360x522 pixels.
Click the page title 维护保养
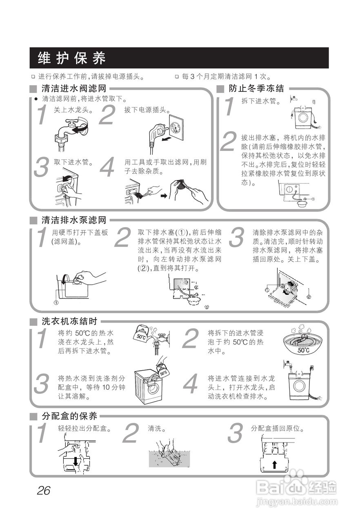click(x=71, y=58)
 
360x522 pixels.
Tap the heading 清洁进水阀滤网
click(x=74, y=88)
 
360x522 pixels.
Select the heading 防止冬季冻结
click(x=256, y=88)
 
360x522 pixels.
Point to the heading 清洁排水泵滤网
click(x=74, y=221)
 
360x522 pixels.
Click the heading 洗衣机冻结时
click(x=69, y=321)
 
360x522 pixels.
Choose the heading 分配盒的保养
click(x=69, y=416)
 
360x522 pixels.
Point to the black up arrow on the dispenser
click(x=274, y=464)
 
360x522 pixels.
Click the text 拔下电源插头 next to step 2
click(x=147, y=110)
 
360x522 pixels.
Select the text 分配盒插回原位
click(x=278, y=429)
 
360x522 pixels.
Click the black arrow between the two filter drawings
click(x=163, y=196)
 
